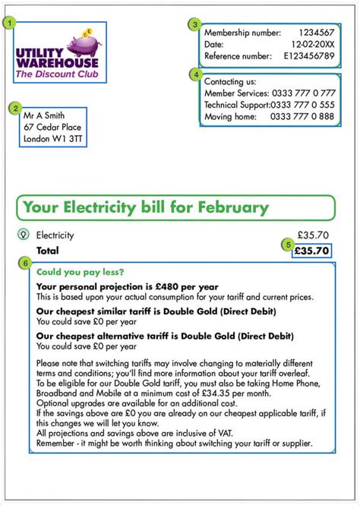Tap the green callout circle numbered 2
click(x=16, y=108)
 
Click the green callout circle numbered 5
click(x=287, y=244)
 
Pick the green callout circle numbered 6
click(x=27, y=264)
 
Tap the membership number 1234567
click(x=316, y=33)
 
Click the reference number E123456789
click(x=308, y=55)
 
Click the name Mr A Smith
click(x=44, y=115)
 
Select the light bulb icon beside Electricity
click(x=23, y=235)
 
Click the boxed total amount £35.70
click(x=311, y=250)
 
